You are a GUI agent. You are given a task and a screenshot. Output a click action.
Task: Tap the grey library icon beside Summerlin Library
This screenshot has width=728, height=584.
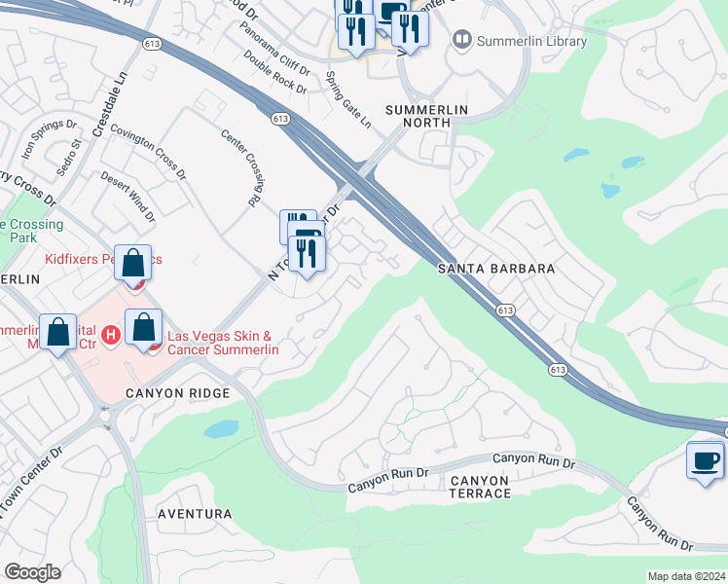[x=461, y=41]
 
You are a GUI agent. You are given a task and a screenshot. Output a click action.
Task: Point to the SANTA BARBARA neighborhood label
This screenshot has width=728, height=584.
[x=495, y=269]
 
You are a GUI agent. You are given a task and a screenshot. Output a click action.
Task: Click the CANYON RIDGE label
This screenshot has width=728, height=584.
[x=177, y=393]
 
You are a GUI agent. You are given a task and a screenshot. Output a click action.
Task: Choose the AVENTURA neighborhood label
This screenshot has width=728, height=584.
[x=197, y=513]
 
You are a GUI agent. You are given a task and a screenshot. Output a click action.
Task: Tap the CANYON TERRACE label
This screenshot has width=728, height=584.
[x=479, y=487]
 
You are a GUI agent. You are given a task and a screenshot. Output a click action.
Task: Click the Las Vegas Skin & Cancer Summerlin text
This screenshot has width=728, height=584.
[x=224, y=343]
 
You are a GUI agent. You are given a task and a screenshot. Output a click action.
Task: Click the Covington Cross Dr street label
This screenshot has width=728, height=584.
[x=147, y=151]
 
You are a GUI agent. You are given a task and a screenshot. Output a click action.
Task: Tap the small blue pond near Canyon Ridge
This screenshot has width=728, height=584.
[x=222, y=429]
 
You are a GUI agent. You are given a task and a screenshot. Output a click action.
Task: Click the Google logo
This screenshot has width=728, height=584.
[x=32, y=572]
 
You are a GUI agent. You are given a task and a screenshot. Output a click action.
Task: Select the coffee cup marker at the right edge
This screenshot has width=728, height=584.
[x=705, y=460]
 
